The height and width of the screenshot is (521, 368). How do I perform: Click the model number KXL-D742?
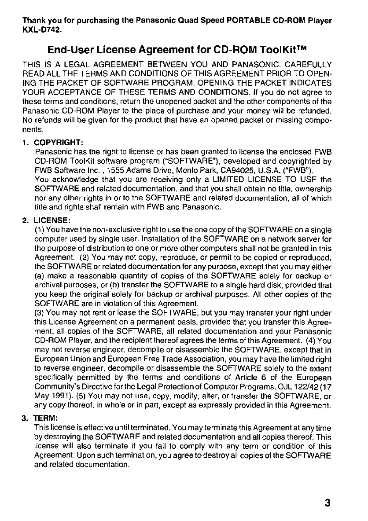point(42,31)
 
